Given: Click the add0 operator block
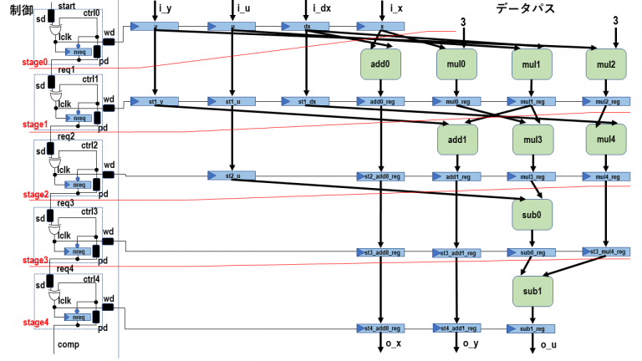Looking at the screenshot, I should (x=381, y=63).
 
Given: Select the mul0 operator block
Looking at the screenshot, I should (x=456, y=63).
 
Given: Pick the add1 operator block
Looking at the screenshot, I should (x=456, y=138).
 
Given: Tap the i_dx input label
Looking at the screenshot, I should (x=319, y=8).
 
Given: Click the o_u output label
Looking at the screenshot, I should (x=548, y=345).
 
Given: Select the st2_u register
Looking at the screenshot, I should (x=232, y=176).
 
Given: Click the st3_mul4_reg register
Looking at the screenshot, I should (x=605, y=252).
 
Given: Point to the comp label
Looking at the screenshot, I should (x=68, y=344).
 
